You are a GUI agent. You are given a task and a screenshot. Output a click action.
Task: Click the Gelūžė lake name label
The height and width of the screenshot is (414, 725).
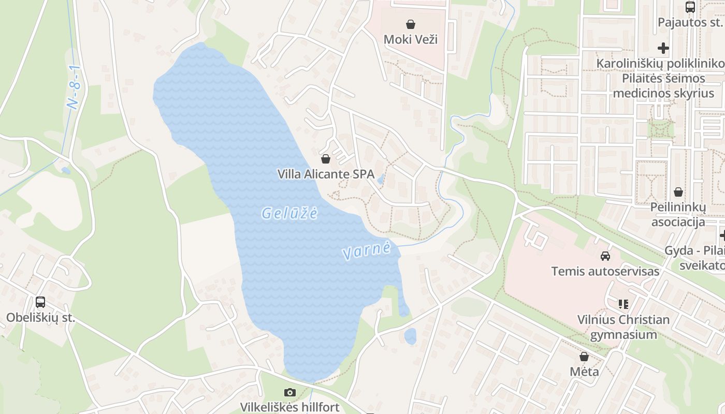[x=289, y=213]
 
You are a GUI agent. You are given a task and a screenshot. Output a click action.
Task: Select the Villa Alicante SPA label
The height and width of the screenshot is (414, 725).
[x=326, y=174]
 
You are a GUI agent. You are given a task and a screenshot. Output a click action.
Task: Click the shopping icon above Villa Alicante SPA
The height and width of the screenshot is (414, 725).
[x=326, y=158]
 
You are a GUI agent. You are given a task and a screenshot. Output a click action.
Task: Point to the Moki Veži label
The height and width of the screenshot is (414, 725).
[x=411, y=39]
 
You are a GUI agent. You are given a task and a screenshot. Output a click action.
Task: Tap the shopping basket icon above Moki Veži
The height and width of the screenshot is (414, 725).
[x=411, y=24]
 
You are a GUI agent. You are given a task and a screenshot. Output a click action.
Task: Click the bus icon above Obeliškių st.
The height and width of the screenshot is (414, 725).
[x=40, y=302]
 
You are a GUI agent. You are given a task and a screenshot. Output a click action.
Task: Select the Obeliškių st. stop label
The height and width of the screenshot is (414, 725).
[x=40, y=317]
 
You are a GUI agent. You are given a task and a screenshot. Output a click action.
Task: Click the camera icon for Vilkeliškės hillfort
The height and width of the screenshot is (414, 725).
[x=290, y=392]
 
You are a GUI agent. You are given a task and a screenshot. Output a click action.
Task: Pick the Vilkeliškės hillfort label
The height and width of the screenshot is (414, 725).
[x=290, y=407]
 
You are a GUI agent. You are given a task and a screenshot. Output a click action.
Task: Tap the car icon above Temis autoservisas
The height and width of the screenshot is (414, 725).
[x=605, y=256]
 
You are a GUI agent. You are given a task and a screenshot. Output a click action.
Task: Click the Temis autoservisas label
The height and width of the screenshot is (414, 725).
[x=605, y=271]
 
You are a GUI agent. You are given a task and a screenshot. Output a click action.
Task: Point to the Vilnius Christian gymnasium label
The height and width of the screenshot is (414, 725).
[x=624, y=327]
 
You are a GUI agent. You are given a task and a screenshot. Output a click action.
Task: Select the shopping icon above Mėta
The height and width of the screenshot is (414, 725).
[x=584, y=357]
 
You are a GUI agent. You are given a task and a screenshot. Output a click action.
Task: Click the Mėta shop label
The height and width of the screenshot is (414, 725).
[x=584, y=371]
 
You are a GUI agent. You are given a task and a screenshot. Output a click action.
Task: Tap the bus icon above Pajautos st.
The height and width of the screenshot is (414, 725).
[x=690, y=7]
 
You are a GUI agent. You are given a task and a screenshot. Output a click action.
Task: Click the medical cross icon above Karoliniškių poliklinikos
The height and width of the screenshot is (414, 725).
[x=663, y=48]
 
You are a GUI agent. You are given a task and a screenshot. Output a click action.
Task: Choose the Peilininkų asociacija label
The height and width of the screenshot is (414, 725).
[x=678, y=214]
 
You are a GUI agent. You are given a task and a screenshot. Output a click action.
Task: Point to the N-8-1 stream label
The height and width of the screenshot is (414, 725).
[x=75, y=87]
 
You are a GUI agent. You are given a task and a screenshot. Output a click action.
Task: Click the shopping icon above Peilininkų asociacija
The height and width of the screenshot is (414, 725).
[x=678, y=192]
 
